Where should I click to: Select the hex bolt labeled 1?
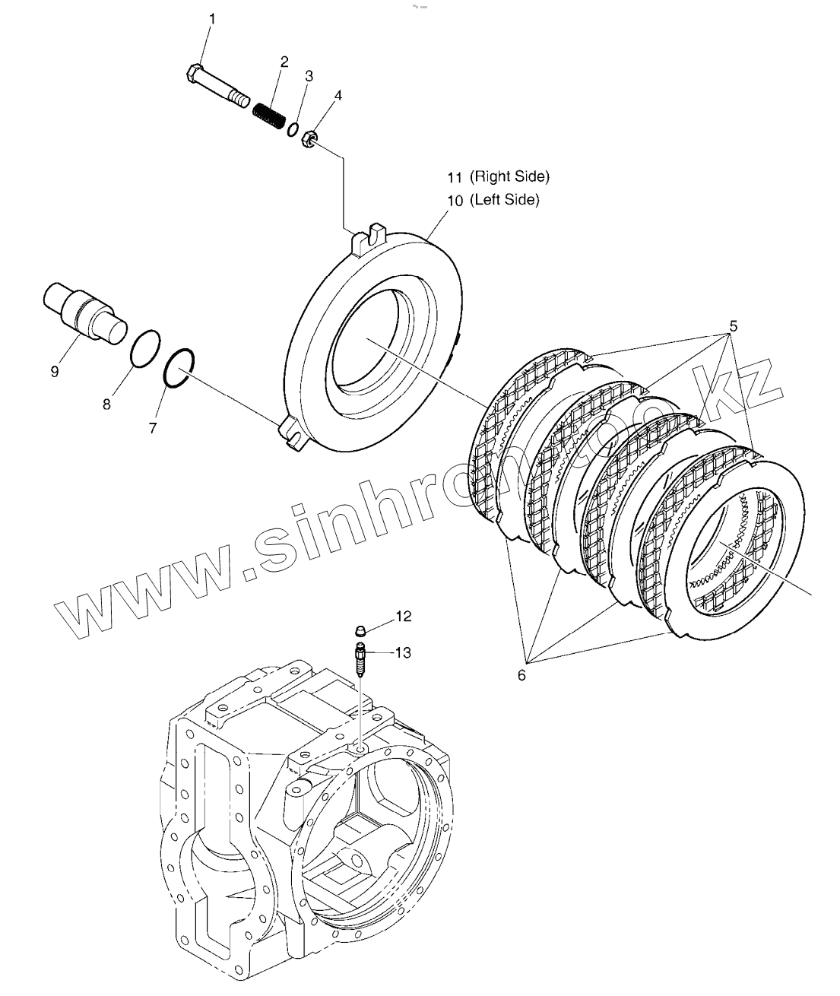point(217,86)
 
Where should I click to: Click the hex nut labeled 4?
point(309,138)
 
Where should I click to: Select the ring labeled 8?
point(144,349)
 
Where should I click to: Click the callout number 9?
point(54,372)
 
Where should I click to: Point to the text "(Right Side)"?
point(509,176)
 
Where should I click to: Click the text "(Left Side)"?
point(504,200)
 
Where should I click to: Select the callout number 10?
point(455,201)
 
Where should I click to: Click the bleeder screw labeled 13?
point(360,657)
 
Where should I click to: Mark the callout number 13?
point(403,652)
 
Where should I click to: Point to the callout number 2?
point(284,62)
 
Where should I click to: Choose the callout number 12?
point(403,616)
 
